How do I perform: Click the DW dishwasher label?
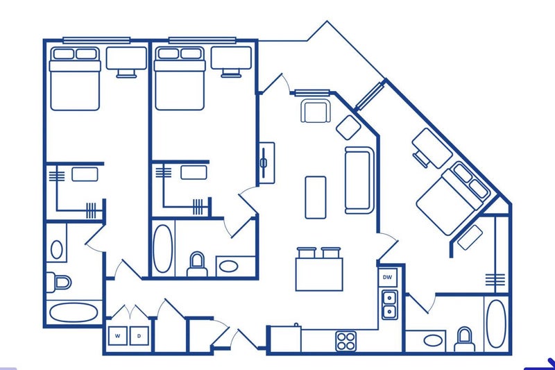(x=388, y=277)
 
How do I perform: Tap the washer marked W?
(x=118, y=336)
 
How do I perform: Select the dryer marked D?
(x=139, y=336)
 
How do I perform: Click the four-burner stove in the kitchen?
(x=345, y=341)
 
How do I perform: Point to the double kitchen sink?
(x=389, y=305)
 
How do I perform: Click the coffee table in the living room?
(x=316, y=197)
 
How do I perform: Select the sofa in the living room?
(x=359, y=180)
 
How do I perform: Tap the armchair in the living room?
(x=316, y=111)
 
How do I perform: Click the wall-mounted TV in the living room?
(x=266, y=163)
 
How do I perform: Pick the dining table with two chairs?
(x=319, y=269)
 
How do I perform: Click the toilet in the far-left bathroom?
(x=59, y=283)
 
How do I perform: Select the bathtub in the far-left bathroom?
(x=74, y=312)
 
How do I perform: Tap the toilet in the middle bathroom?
(x=197, y=264)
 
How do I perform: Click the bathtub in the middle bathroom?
(x=163, y=249)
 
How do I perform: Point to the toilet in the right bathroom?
(x=464, y=339)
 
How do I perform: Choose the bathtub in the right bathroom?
(x=496, y=323)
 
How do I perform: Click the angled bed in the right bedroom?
(x=453, y=199)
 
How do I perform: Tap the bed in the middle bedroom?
(x=180, y=78)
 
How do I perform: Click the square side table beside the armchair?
(x=348, y=127)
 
